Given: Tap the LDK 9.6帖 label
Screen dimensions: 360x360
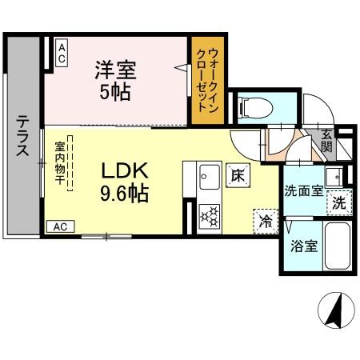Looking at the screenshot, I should click(123, 182).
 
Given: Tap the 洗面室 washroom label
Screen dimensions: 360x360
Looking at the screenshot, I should click(304, 191).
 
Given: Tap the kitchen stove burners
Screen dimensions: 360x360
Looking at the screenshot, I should click(209, 215).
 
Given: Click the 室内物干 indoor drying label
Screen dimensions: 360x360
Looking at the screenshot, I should click(60, 164).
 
